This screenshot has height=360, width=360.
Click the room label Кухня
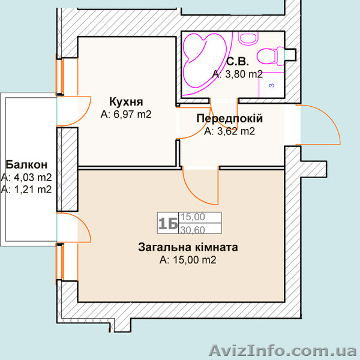coord(125,100)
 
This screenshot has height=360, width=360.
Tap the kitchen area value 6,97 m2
coord(125,113)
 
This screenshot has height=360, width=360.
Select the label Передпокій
coord(229,118)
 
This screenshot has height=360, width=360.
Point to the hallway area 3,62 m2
coord(229,131)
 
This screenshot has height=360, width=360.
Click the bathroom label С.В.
coord(238,61)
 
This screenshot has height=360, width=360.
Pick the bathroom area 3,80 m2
coord(238,74)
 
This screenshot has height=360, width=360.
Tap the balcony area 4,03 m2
coord(26,177)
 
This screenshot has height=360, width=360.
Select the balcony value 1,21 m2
coord(26,189)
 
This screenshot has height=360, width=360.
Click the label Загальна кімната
coord(188,247)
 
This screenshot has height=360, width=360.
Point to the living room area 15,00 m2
coord(188,260)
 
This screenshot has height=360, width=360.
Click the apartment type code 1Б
coord(167,224)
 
